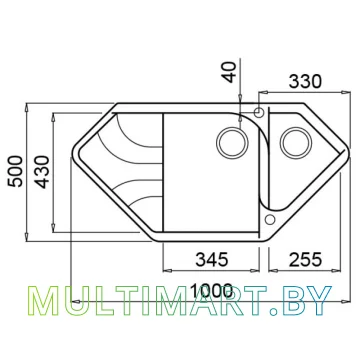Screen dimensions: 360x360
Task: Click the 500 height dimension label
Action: pos(17,171)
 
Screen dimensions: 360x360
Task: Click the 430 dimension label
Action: pos(42,172)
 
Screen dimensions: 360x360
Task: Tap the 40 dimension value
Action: pos(230,72)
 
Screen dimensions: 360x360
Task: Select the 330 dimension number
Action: pos(305,81)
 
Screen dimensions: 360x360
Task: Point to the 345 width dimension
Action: pos(212,259)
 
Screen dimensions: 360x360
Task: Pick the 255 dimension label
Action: pos(305,259)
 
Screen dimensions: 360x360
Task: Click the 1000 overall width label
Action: pos(211,291)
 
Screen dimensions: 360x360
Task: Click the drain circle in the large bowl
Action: pos(232,143)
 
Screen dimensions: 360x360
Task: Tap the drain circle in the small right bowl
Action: pos(296,143)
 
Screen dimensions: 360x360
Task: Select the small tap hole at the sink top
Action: pos(258,112)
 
